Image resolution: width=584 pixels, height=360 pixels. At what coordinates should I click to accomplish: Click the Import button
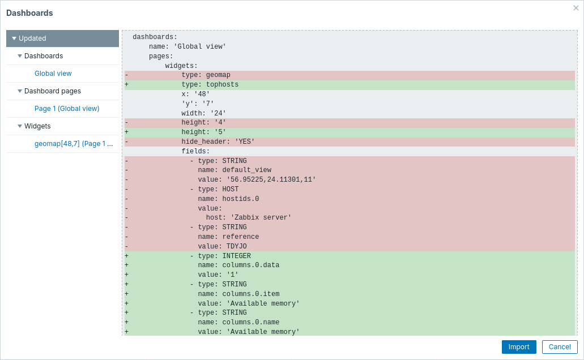pos(518,347)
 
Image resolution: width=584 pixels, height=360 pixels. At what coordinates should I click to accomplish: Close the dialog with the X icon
pos(576,8)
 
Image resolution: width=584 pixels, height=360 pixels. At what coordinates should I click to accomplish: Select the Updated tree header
pos(32,38)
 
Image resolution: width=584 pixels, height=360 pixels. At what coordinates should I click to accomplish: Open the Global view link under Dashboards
pos(53,74)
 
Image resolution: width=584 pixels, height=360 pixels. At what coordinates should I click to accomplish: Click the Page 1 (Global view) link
pos(67,109)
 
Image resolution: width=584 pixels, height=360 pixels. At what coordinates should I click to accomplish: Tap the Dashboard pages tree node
pos(52,91)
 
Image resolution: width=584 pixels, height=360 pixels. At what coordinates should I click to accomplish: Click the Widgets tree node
pos(37,126)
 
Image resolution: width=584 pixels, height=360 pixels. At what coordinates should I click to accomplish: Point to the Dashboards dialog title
pos(29,13)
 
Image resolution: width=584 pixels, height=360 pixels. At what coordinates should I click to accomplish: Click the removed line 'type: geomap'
pos(206,75)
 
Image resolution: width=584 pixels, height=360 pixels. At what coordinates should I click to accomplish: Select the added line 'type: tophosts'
pos(210,85)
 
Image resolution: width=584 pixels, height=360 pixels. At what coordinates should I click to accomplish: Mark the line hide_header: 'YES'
pos(218,142)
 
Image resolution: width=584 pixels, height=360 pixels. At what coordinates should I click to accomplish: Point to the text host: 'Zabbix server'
pos(249,218)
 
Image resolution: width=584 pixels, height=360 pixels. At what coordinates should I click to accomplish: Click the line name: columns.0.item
pos(238,294)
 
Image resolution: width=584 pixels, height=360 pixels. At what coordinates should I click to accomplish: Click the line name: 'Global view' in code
pos(187,47)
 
